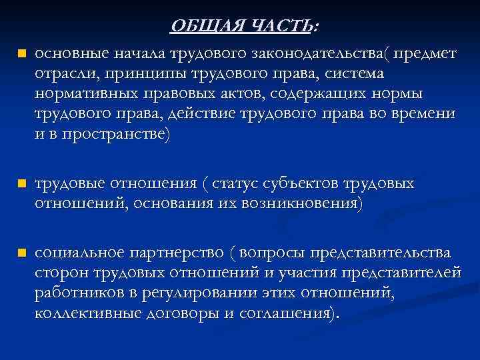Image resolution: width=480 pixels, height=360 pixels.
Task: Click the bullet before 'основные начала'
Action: point(21,53)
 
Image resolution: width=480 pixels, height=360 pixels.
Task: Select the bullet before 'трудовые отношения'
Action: point(21,183)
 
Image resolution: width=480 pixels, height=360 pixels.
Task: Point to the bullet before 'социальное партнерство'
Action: point(21,253)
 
